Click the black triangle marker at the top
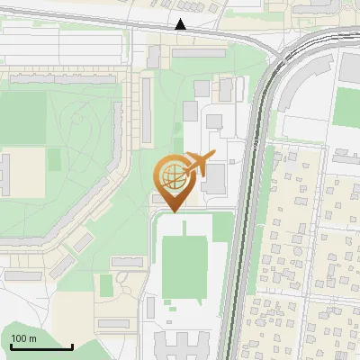click(182, 25)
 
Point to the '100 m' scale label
click(23, 338)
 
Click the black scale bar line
click(41, 346)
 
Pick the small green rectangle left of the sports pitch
click(106, 285)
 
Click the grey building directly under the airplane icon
click(214, 179)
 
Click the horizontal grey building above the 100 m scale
click(115, 323)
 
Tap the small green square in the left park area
click(54, 159)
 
